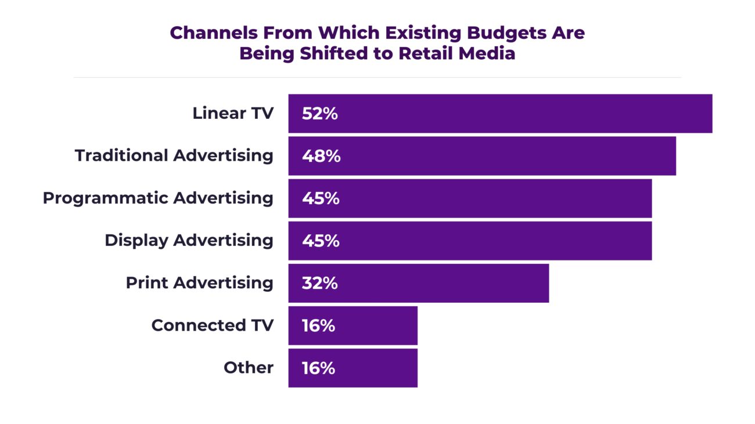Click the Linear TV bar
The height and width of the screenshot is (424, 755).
click(499, 114)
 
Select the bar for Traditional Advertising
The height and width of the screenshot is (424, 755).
click(482, 156)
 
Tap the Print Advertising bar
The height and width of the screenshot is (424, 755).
click(418, 283)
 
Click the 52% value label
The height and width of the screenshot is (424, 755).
click(319, 114)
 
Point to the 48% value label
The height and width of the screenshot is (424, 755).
click(321, 156)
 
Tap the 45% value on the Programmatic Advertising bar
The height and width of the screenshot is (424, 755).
click(321, 198)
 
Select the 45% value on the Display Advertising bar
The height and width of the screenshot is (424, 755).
click(321, 241)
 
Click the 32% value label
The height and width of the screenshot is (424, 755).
click(319, 283)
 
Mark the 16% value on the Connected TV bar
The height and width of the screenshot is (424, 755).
click(318, 325)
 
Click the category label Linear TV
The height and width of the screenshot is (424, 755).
click(233, 113)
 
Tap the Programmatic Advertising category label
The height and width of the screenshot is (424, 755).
click(158, 198)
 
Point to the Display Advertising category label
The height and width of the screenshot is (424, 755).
click(189, 240)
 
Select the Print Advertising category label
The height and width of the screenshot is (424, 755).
click(199, 282)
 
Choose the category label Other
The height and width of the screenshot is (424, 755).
click(249, 367)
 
